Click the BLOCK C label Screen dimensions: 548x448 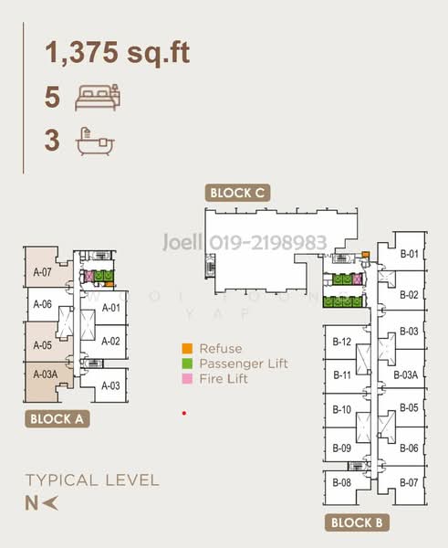[237, 193]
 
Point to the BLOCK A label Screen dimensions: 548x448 [57, 420]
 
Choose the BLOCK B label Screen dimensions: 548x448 [356, 523]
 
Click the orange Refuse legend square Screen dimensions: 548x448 [186, 348]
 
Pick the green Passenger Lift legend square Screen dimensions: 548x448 [186, 364]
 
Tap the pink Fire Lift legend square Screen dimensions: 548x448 [186, 378]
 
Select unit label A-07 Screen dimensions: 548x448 [41, 271]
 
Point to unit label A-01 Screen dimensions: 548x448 [110, 308]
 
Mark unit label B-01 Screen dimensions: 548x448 [409, 254]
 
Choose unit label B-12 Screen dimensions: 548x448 [342, 342]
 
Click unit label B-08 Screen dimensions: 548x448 [342, 482]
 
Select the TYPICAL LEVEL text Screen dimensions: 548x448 [92, 479]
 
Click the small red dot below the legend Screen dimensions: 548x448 [184, 413]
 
